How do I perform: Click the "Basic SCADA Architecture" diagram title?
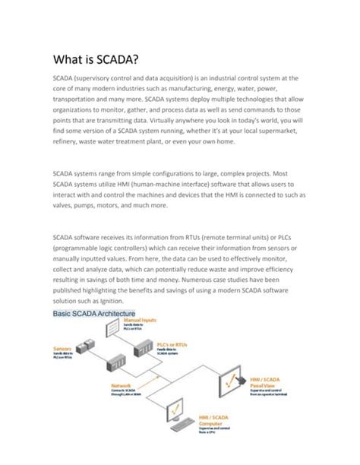(x=94, y=314)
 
